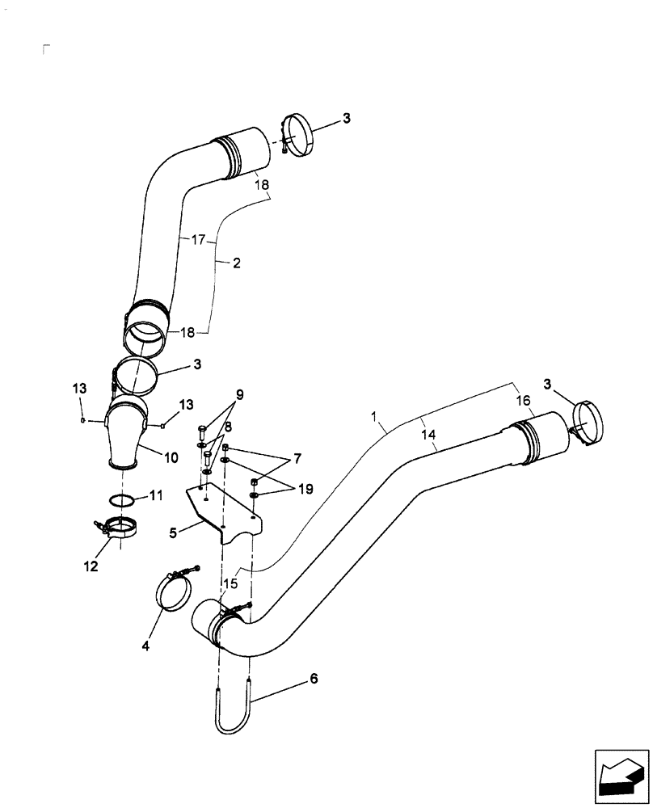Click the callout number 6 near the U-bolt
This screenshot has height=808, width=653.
(313, 679)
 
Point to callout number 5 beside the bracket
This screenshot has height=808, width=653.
(173, 532)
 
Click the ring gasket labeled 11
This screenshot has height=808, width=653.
(122, 500)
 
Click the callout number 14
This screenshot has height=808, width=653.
(428, 434)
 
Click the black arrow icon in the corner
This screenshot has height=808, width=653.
(621, 778)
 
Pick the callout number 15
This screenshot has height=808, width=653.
(230, 583)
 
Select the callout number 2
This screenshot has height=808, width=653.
(237, 263)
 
